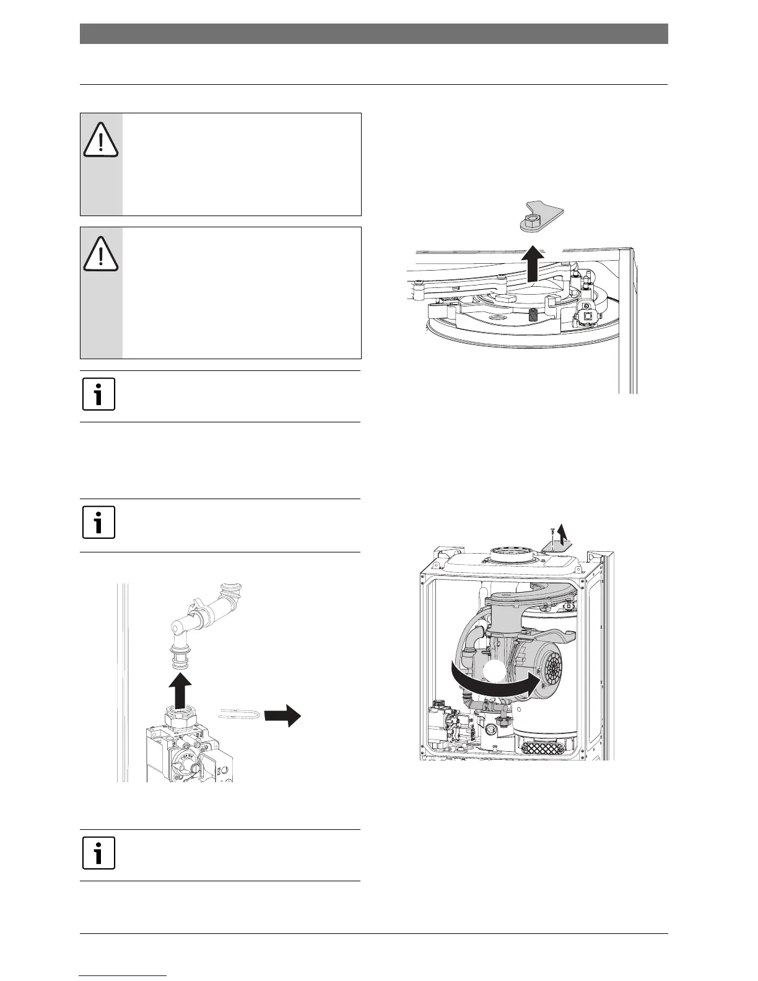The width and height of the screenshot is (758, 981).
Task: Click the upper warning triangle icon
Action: click(x=100, y=140)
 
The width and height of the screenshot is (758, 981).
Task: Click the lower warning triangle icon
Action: click(x=100, y=254)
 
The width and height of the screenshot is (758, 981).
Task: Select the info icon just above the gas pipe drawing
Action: click(x=99, y=524)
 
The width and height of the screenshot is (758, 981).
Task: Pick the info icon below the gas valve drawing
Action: click(x=99, y=854)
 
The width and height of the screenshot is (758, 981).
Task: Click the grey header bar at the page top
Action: click(x=373, y=34)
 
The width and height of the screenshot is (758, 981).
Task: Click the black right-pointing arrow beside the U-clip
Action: click(x=282, y=717)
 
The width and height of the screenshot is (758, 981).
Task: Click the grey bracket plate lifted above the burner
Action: click(x=540, y=214)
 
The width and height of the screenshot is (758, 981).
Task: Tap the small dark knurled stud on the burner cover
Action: click(x=532, y=314)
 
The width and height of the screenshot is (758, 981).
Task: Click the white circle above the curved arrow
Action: click(x=493, y=671)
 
